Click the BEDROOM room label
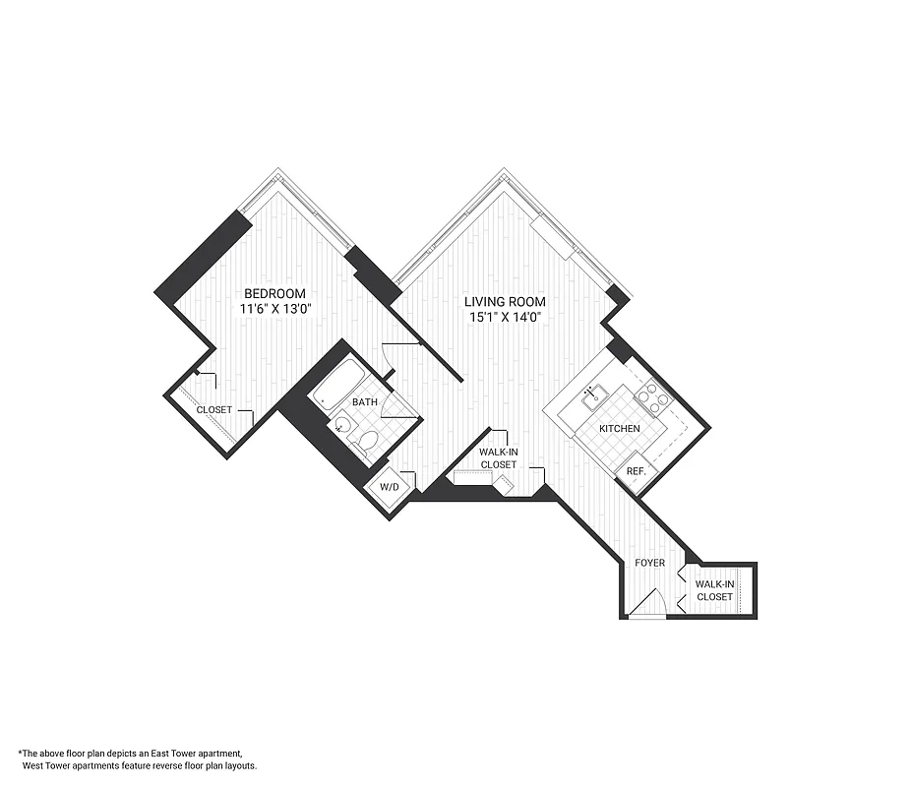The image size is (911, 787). point(274,294)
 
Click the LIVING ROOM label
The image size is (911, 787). point(506,302)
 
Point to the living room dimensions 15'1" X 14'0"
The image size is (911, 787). point(506,317)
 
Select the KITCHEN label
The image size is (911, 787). point(620,429)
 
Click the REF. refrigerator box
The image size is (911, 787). point(636,471)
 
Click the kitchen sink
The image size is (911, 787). point(591,397)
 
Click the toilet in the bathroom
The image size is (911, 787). point(364,444)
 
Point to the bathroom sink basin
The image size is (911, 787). point(340,426)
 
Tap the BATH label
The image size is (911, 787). point(365,402)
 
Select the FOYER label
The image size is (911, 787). point(649,564)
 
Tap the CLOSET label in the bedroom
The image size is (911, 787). point(213,410)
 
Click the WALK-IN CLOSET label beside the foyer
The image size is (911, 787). point(714,590)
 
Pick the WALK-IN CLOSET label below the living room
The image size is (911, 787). point(498,457)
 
